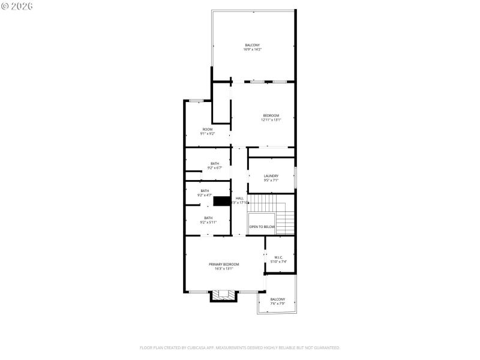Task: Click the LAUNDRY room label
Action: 271,176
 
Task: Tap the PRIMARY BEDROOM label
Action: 223,264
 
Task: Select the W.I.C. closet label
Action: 279,257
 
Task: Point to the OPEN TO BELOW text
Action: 262,227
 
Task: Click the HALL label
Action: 239,198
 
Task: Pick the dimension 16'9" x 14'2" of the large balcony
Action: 253,49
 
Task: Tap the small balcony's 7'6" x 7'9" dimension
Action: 278,304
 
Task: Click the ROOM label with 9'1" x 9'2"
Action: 207,129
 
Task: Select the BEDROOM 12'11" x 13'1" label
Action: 271,115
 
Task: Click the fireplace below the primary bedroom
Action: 224,295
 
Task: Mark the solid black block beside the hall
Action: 222,202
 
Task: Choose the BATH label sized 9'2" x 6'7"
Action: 214,163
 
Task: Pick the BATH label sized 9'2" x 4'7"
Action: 205,191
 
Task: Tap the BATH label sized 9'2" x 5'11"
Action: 208,218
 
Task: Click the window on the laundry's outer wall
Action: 295,175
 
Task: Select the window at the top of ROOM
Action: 195,101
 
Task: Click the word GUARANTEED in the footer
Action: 325,348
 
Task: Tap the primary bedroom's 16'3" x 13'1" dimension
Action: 223,269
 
